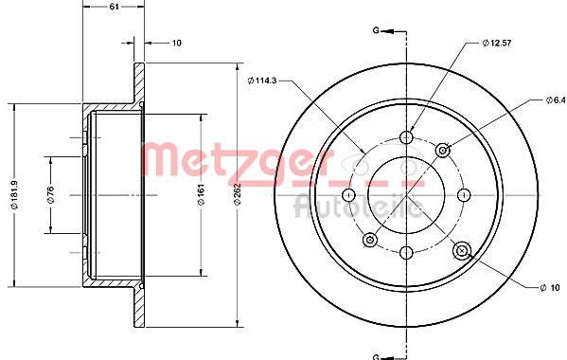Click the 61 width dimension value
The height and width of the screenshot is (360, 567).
click(114, 7)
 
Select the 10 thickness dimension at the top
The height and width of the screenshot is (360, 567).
click(176, 43)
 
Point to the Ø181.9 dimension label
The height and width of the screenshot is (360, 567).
click(14, 194)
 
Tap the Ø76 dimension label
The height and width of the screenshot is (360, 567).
click(50, 194)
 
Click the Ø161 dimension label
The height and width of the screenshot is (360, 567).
click(202, 194)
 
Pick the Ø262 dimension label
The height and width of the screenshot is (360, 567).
click(238, 194)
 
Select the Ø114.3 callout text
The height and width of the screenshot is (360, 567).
click(262, 81)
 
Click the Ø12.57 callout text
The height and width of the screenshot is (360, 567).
click(497, 43)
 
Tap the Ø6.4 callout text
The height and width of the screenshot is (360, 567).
click(556, 99)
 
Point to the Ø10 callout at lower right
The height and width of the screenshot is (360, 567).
click(550, 288)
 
